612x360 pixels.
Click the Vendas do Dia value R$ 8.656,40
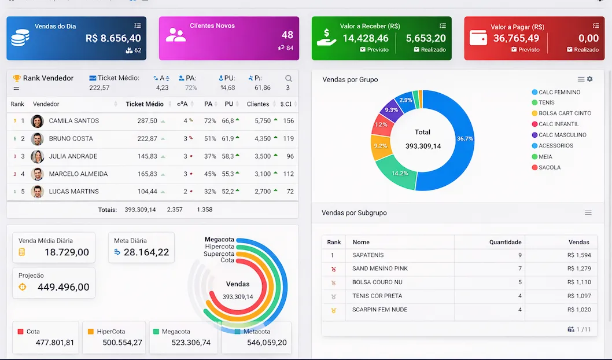(113, 38)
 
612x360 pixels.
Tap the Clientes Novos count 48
(287, 35)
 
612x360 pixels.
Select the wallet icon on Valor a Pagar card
(478, 38)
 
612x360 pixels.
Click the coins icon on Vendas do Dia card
(20, 38)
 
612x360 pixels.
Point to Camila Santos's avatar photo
(37, 121)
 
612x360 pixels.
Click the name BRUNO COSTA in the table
(71, 139)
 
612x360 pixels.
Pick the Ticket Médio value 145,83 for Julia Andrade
(147, 156)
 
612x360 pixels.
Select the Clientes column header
(258, 104)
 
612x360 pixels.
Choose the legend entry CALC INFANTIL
(558, 124)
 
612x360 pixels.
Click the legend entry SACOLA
(550, 168)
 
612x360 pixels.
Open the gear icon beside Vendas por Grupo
(590, 79)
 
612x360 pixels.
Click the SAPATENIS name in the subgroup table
(368, 255)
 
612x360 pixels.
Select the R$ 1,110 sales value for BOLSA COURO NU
(579, 282)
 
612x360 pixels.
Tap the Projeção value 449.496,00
(63, 287)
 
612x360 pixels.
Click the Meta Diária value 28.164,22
(146, 252)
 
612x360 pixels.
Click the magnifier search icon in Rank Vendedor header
(288, 78)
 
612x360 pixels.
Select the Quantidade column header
(505, 243)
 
